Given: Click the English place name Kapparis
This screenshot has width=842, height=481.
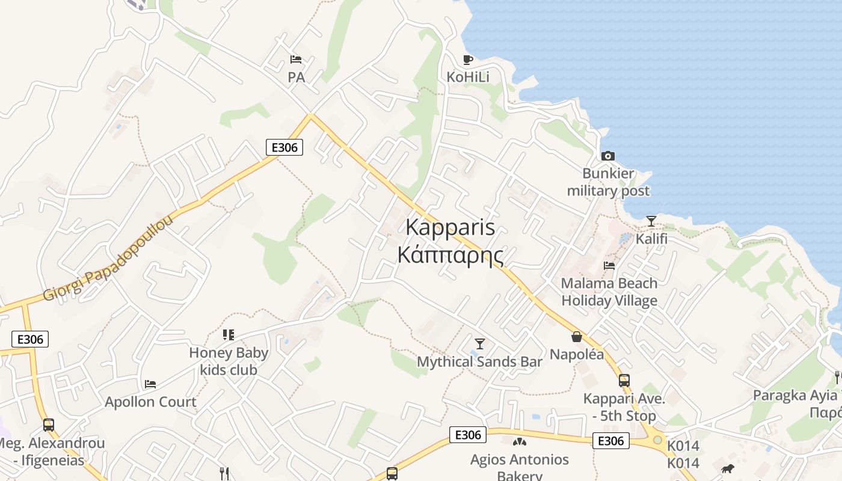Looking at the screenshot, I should (450, 228).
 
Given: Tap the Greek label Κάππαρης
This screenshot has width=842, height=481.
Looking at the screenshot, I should (450, 255).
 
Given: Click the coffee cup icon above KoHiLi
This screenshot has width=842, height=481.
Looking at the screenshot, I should (468, 59).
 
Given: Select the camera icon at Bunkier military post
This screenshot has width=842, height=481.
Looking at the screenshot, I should (608, 156).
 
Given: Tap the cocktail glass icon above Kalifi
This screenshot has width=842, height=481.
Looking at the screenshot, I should (651, 221).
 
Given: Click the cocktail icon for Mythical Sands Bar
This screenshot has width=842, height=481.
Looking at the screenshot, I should (479, 343).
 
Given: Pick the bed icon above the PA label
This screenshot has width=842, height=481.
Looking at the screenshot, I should (296, 59).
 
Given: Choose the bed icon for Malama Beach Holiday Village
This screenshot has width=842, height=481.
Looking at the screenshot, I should (609, 265).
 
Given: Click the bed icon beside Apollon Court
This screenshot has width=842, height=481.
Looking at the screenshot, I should (150, 384).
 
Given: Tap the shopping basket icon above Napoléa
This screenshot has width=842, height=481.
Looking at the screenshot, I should (576, 337).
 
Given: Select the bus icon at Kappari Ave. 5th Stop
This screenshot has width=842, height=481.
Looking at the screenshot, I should (624, 380).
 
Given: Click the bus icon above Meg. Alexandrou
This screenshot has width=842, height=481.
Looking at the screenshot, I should (49, 425).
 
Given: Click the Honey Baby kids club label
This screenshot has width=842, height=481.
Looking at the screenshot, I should (229, 361).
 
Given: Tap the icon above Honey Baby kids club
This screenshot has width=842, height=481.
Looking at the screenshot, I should (228, 334).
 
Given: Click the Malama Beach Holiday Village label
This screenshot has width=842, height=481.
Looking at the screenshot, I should (609, 292).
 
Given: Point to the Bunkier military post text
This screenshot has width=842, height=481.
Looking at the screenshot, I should (608, 182).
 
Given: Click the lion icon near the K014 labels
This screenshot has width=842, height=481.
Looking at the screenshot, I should (728, 468).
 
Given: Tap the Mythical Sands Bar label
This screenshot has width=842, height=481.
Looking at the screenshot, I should (479, 362).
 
